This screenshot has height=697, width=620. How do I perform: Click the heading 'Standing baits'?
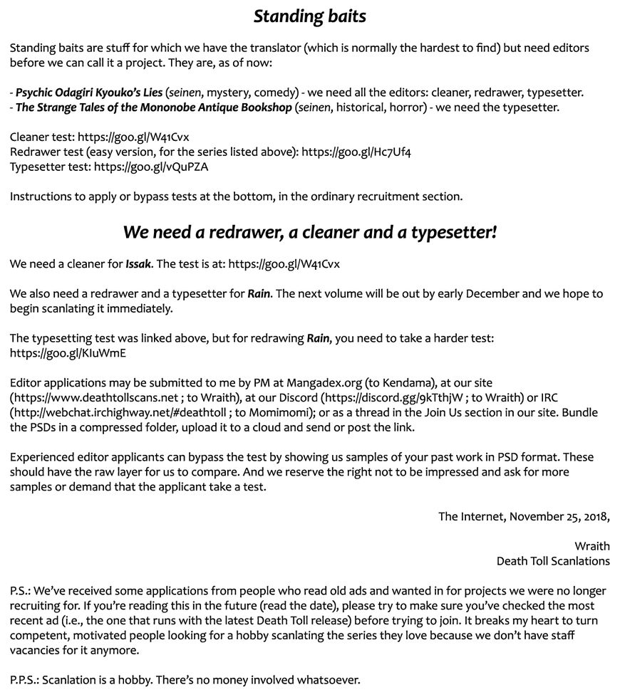(309, 16)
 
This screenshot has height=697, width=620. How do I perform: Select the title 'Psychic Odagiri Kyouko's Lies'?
(88, 93)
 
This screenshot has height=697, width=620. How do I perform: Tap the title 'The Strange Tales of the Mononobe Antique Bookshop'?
(153, 108)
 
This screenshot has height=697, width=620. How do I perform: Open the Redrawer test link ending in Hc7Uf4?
(356, 152)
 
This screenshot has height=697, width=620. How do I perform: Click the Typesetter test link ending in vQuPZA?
(151, 167)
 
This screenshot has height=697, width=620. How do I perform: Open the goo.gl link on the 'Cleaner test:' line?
(133, 137)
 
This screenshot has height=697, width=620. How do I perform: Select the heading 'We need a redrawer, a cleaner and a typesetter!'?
(309, 232)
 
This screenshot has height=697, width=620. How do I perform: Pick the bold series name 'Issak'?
(138, 264)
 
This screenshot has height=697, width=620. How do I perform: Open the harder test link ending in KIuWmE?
(68, 352)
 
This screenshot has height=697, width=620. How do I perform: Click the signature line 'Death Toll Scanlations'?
(553, 561)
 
